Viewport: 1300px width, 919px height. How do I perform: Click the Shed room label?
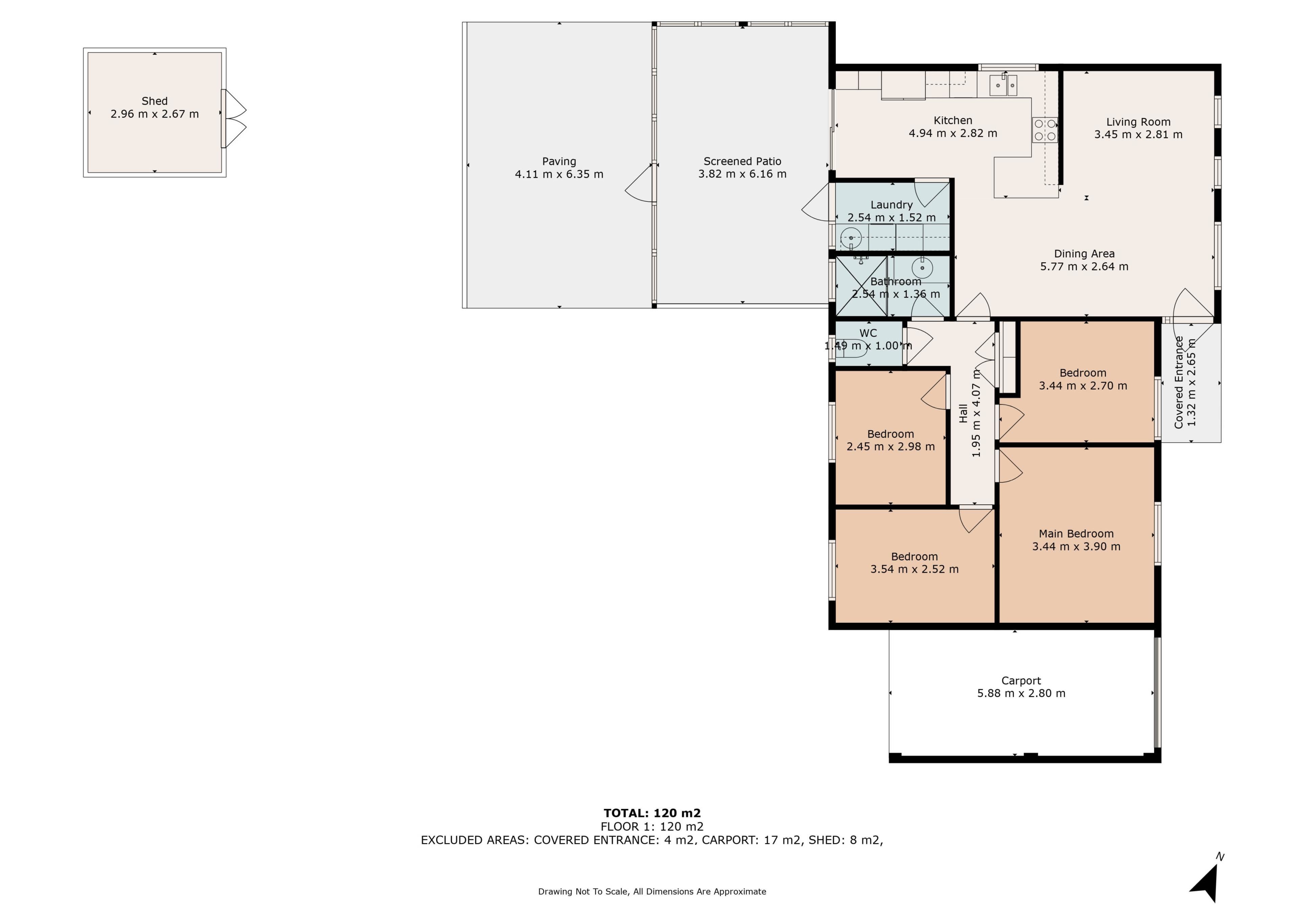[x=155, y=101]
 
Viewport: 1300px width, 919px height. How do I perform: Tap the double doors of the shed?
[x=234, y=119]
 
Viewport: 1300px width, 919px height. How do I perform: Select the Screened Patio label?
[x=742, y=161]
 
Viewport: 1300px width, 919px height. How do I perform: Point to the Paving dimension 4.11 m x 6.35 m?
[x=559, y=174]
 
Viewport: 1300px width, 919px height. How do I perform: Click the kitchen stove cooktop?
[x=1045, y=130]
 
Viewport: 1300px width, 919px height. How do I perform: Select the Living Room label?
[x=1138, y=122]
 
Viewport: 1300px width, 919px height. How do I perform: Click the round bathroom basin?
[x=922, y=267]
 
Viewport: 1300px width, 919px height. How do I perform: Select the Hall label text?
[x=963, y=413]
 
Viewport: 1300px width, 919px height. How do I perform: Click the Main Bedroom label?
[x=1076, y=533]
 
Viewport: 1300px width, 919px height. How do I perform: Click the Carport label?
[x=1021, y=681]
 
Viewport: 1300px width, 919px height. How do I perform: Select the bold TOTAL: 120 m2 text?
[x=652, y=813]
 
